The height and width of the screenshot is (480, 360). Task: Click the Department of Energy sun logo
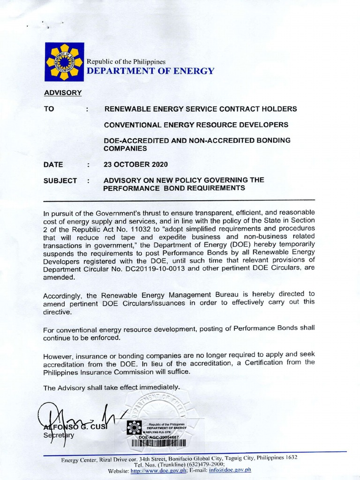(64, 62)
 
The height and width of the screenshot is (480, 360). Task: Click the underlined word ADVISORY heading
(63, 92)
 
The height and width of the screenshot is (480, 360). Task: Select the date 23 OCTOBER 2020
(135, 165)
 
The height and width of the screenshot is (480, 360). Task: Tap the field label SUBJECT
(60, 180)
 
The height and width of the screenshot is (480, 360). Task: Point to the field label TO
(49, 109)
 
